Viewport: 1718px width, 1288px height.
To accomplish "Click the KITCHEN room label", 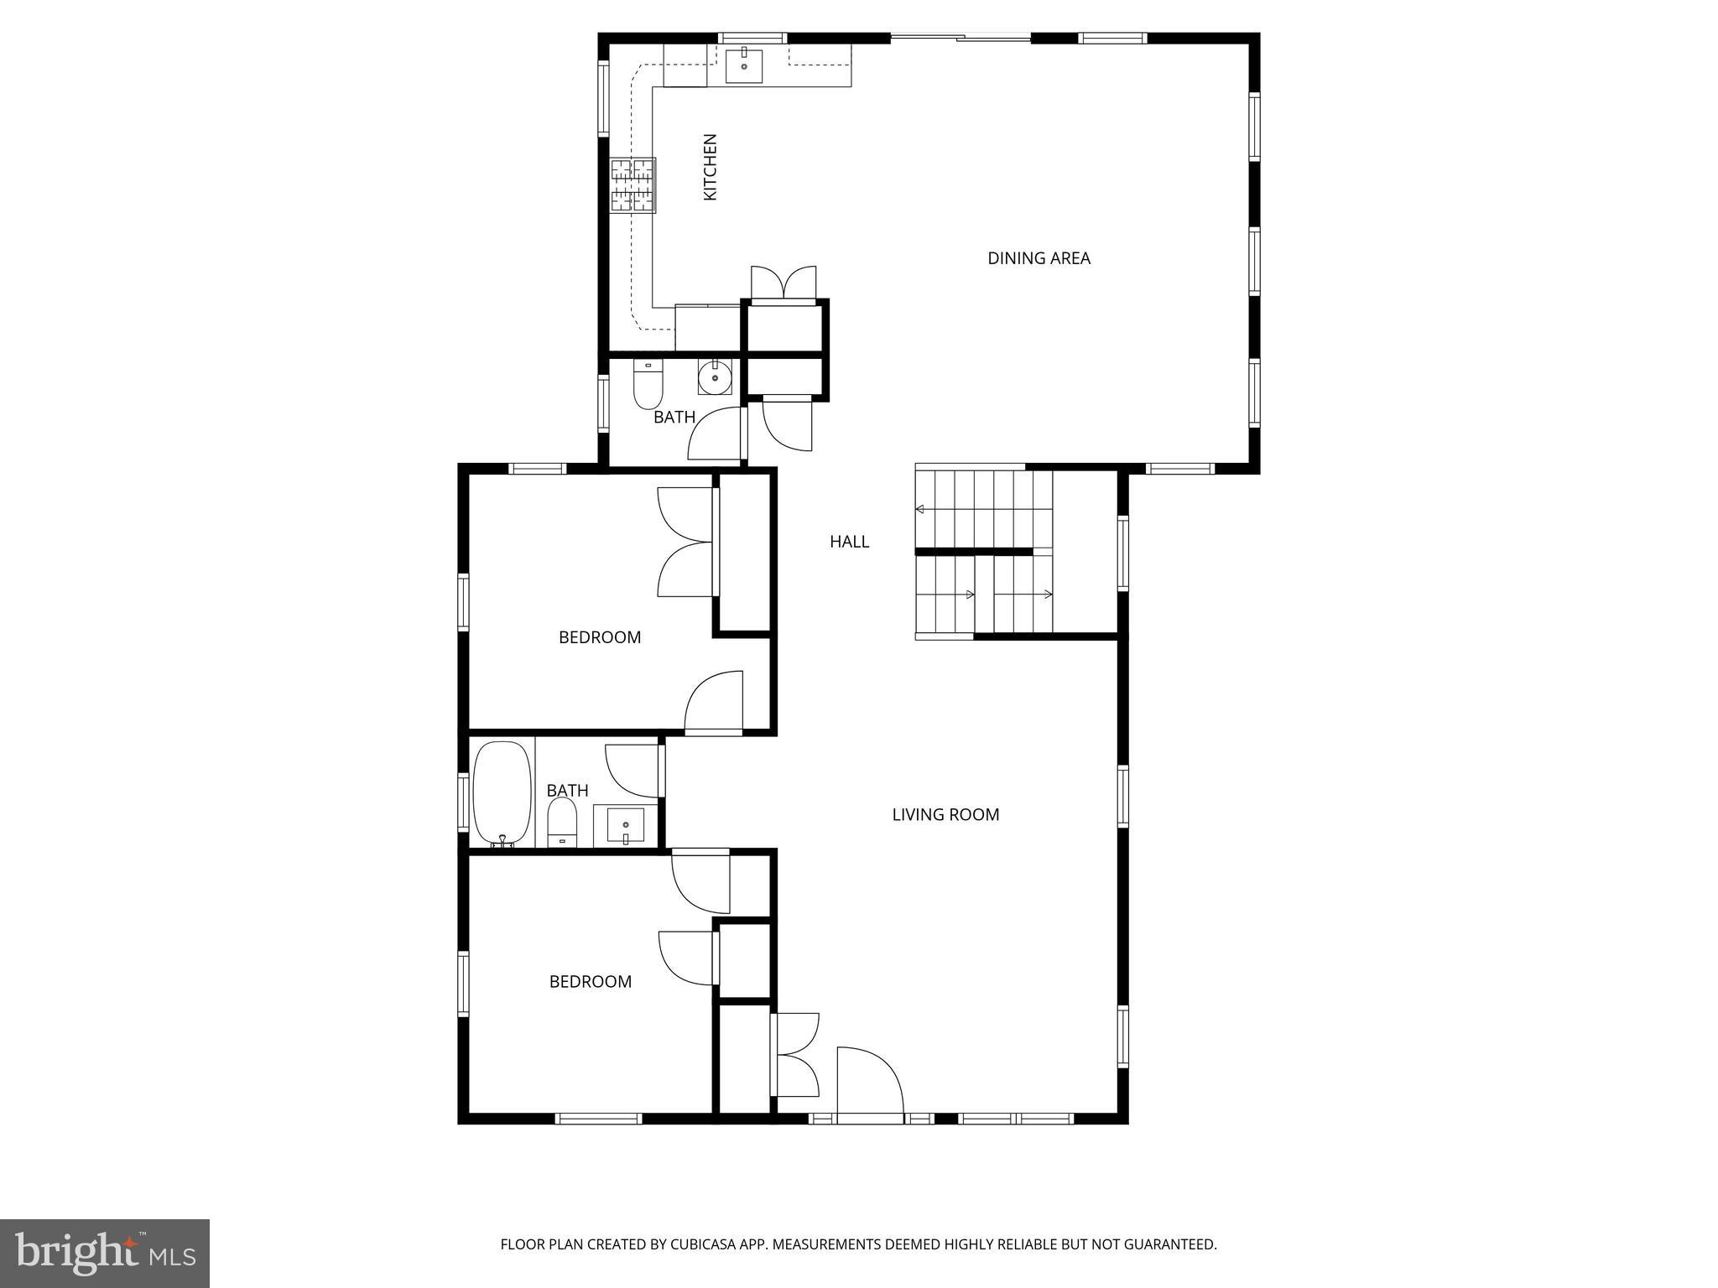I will click(710, 167).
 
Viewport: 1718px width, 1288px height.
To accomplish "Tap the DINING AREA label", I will click(1039, 258).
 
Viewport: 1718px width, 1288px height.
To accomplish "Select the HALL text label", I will click(849, 542).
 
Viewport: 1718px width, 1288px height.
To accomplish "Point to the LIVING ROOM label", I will click(945, 814).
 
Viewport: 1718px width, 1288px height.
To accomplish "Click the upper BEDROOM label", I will click(600, 637).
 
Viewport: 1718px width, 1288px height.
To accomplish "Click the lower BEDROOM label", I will click(590, 981).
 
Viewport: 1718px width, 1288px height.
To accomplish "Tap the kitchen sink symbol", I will click(744, 65).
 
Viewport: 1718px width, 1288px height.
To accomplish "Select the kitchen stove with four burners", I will click(633, 185).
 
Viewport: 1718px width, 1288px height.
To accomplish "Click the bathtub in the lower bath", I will click(502, 793).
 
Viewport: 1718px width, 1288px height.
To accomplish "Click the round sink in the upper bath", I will click(715, 378).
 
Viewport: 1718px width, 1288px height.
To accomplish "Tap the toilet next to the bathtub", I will click(562, 822).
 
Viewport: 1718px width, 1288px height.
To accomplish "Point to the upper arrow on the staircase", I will click(920, 509).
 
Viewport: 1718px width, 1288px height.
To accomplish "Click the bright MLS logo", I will click(105, 1253).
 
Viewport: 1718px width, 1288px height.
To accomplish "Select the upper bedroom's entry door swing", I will click(715, 703).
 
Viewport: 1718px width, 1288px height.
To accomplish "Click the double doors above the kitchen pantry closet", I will click(784, 283).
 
